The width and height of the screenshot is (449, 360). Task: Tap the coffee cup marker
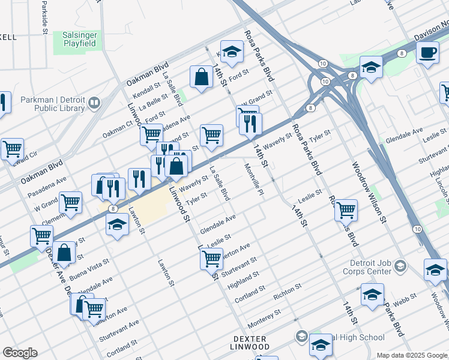[427, 53]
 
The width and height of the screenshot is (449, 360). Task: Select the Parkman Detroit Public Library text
[52, 104]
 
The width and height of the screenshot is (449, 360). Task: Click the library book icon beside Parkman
[94, 104]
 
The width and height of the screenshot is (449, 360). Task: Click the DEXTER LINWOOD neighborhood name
[250, 343]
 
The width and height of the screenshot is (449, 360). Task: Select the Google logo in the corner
[20, 353]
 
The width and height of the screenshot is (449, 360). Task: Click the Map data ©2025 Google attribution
[412, 355]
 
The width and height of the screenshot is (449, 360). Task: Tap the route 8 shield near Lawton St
[113, 208]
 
